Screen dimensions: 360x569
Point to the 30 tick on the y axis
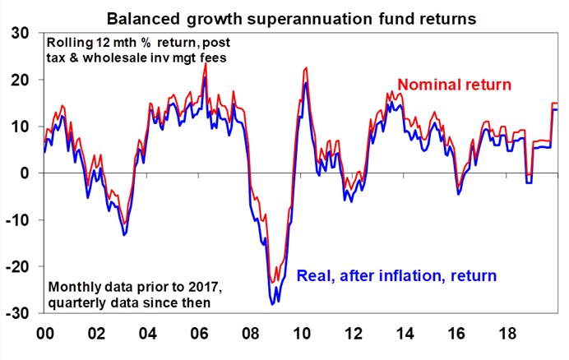(19, 34)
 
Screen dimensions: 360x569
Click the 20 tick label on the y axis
(19, 81)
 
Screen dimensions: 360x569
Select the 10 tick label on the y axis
(19, 127)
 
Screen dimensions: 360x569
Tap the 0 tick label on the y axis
(25, 173)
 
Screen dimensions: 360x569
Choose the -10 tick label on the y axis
(16, 220)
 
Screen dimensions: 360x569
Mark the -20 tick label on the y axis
(16, 267)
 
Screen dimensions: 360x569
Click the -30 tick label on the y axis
(16, 314)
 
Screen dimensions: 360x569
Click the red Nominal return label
(455, 84)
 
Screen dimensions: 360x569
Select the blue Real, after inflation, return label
(396, 276)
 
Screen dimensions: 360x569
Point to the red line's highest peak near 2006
(205, 64)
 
